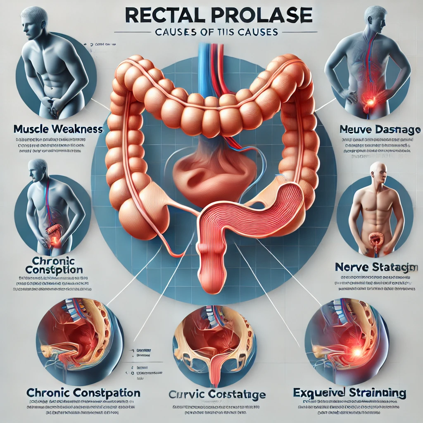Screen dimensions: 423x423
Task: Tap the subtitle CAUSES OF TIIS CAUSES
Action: tap(211, 32)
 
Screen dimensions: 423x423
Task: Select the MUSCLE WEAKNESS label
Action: tap(58, 129)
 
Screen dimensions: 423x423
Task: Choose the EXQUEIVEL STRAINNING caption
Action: tap(349, 392)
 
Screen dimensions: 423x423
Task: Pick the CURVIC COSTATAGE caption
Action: tap(217, 394)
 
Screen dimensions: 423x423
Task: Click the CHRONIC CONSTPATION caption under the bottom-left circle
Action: tap(83, 392)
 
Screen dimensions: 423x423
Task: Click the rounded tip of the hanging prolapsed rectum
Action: tap(211, 281)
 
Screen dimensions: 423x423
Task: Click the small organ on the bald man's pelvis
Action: tap(377, 239)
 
